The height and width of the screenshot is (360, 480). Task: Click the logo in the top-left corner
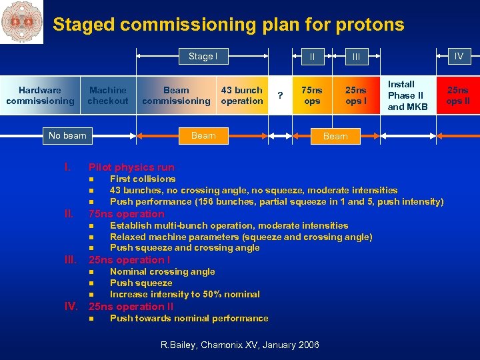pos(21,21)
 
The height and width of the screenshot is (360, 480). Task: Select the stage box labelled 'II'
pos(311,57)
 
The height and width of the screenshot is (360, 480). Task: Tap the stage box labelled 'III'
pos(356,57)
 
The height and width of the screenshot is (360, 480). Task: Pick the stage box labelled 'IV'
pos(459,57)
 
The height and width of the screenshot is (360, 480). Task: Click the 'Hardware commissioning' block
pos(40,95)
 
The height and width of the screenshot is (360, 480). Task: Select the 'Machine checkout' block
pos(107,95)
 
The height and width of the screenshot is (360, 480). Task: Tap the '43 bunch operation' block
pos(241,95)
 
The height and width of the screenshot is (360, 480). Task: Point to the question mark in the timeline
pos(281,96)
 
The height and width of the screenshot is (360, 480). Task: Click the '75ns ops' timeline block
pos(312,95)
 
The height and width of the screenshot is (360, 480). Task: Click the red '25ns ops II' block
pos(457,95)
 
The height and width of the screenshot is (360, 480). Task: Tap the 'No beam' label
pos(67,135)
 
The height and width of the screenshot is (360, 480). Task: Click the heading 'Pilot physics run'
pos(131,167)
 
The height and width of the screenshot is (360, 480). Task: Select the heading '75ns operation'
pos(127,214)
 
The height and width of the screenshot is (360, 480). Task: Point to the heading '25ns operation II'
pos(131,307)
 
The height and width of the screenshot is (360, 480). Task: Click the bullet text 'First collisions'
pos(143,179)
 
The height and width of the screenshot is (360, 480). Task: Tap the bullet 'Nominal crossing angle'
pos(162,271)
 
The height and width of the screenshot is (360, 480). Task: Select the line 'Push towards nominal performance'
pos(189,318)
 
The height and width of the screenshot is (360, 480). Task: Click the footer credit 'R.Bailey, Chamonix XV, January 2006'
pos(240,345)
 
